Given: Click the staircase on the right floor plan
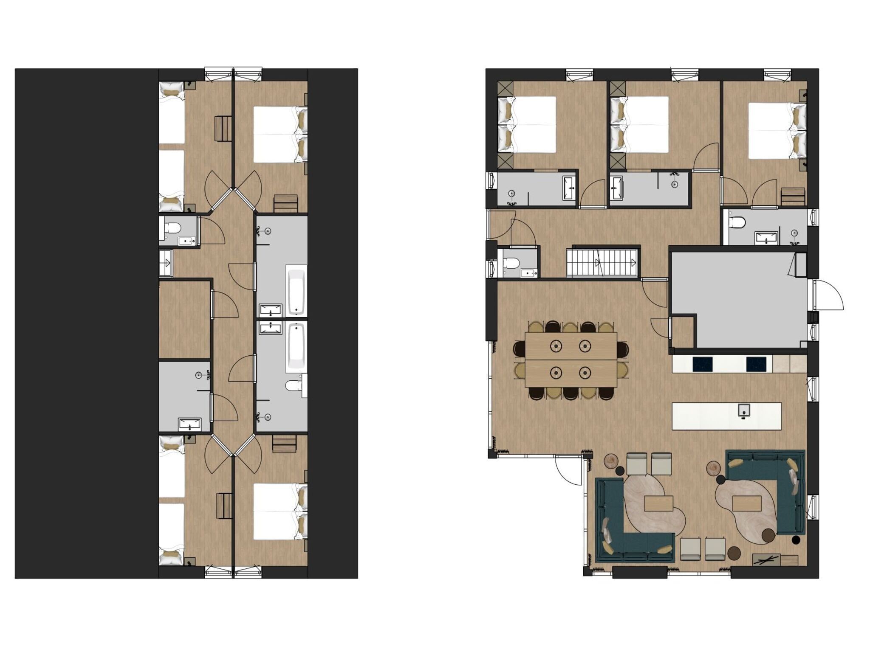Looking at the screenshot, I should pyautogui.click(x=602, y=262).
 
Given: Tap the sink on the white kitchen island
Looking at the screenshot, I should pyautogui.click(x=744, y=410).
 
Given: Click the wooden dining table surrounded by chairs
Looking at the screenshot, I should pyautogui.click(x=571, y=360).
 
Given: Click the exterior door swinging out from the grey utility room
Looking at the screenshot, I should pyautogui.click(x=828, y=295).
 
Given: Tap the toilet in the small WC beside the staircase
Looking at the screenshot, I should pyautogui.click(x=510, y=263).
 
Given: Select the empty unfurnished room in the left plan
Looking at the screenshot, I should pyautogui.click(x=185, y=318).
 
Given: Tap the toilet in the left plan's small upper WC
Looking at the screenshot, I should pyautogui.click(x=172, y=228).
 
